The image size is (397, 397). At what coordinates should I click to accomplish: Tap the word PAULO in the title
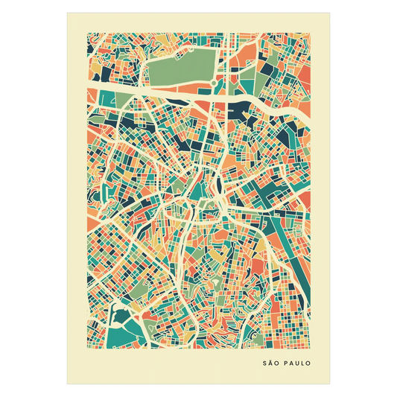pyautogui.click(x=298, y=365)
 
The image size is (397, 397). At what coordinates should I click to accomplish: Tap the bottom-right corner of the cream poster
pyautogui.click(x=331, y=384)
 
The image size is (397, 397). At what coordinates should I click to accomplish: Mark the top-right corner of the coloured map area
pyautogui.click(x=311, y=31)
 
